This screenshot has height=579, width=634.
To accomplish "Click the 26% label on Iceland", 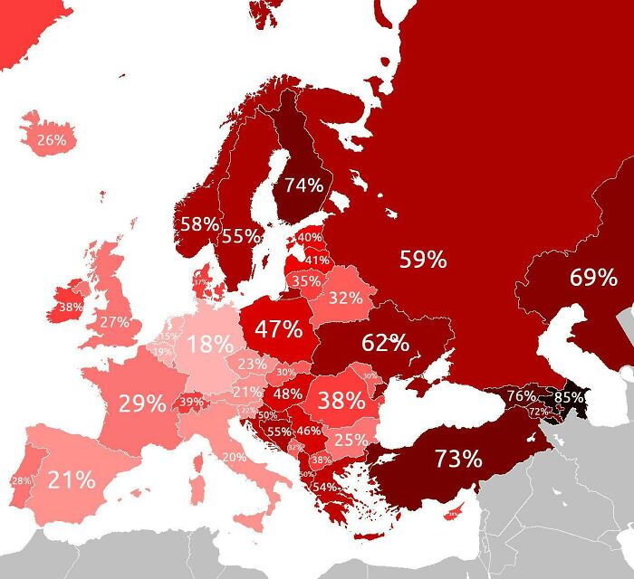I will (52, 140).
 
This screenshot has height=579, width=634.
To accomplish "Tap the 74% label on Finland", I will (303, 185).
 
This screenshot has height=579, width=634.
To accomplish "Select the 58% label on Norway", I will (199, 224).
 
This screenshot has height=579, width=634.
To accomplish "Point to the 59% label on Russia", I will (423, 261).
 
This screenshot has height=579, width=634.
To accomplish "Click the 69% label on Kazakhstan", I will (593, 278).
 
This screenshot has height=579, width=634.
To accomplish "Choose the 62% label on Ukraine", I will (385, 343).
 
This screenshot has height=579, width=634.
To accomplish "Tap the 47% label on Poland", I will (278, 329).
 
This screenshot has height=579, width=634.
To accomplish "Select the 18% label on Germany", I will (209, 345).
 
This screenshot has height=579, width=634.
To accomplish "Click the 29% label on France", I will (141, 403).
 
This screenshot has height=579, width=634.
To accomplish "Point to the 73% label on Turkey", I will (458, 459).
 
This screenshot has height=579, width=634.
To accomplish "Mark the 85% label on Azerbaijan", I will (569, 396).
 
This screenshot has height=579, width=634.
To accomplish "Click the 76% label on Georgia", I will (521, 396).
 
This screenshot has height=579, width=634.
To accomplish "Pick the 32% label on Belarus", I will (345, 298).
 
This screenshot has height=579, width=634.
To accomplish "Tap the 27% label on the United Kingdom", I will (115, 322).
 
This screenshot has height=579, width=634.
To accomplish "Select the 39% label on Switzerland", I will (192, 402).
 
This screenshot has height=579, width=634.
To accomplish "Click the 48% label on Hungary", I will (287, 394).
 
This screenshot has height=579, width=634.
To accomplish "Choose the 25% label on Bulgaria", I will (351, 440).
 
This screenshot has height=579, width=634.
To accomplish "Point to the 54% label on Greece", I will (324, 487).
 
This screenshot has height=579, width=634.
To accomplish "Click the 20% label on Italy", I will (234, 457).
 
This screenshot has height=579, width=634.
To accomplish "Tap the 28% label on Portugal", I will (20, 480).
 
